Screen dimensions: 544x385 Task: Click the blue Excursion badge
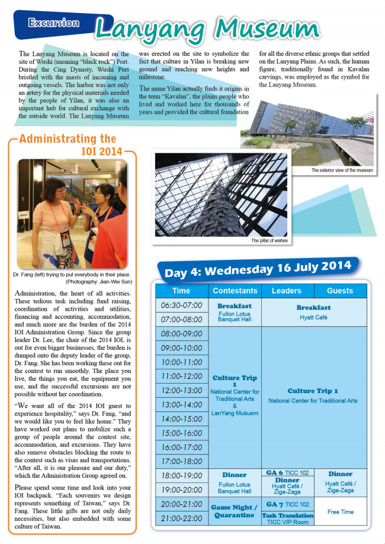54,23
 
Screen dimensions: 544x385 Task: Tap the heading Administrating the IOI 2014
72,145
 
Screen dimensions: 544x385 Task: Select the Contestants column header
235,291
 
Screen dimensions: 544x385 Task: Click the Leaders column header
287,291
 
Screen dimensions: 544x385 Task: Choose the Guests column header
339,291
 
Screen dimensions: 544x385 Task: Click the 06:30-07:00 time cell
181,305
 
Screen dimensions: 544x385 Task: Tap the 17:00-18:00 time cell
181,461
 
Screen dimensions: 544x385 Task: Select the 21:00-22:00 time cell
181,518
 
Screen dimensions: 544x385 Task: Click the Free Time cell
339,511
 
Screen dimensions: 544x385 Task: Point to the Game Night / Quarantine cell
235,511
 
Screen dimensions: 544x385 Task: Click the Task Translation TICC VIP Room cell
287,519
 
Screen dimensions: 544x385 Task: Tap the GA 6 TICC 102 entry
287,472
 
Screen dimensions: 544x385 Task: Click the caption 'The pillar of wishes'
271,241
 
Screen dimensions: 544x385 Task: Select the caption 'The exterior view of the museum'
342,170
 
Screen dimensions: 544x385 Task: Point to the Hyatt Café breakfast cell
313,312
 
